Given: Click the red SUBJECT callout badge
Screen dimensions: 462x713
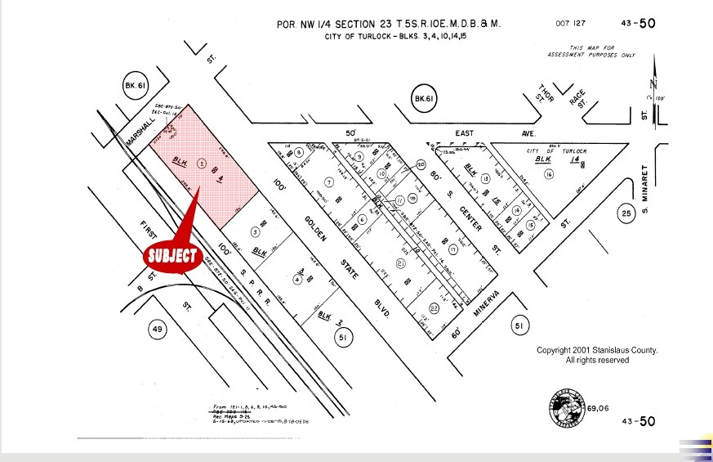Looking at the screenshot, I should click(x=172, y=255).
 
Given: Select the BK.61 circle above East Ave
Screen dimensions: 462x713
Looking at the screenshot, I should click(x=423, y=100).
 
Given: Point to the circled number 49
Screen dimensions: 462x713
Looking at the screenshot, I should click(x=158, y=330).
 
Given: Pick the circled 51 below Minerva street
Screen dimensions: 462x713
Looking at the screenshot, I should click(x=519, y=325).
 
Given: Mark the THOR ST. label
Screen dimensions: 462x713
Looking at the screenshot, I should click(x=546, y=94).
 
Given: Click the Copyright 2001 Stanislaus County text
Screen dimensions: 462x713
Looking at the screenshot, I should click(x=597, y=355).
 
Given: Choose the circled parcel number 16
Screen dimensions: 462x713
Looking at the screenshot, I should click(x=548, y=174).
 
